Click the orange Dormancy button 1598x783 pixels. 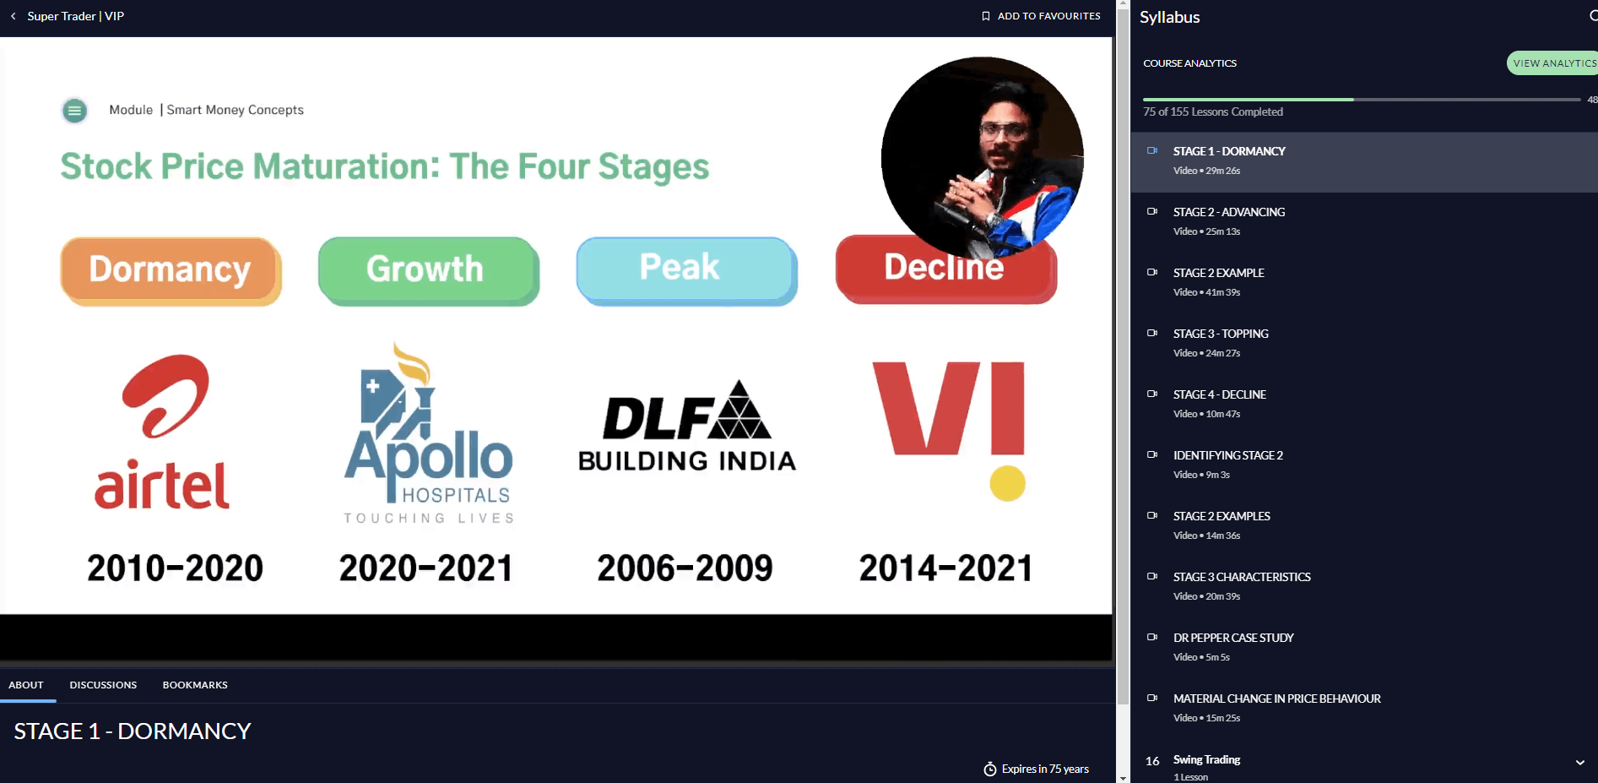click(171, 271)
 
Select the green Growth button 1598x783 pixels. click(429, 271)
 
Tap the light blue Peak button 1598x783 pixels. click(687, 271)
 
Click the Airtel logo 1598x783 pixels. click(163, 432)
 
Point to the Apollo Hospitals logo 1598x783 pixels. click(429, 433)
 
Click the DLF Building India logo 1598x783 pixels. click(687, 425)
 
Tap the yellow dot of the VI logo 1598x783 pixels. click(1007, 483)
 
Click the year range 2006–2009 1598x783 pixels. click(685, 568)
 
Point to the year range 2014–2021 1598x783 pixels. click(945, 568)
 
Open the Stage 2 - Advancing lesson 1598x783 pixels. click(1228, 212)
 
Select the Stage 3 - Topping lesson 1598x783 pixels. click(1221, 334)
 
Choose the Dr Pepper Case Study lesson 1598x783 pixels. click(1233, 638)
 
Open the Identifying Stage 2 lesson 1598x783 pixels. click(1227, 455)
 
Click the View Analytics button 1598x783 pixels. click(1553, 63)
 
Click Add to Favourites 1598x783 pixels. click(1041, 16)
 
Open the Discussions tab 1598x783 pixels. click(103, 685)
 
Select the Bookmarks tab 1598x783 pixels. click(195, 685)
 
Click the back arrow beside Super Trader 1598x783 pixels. click(14, 16)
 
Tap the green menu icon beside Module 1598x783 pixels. click(75, 111)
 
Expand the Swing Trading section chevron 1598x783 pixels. click(1580, 762)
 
